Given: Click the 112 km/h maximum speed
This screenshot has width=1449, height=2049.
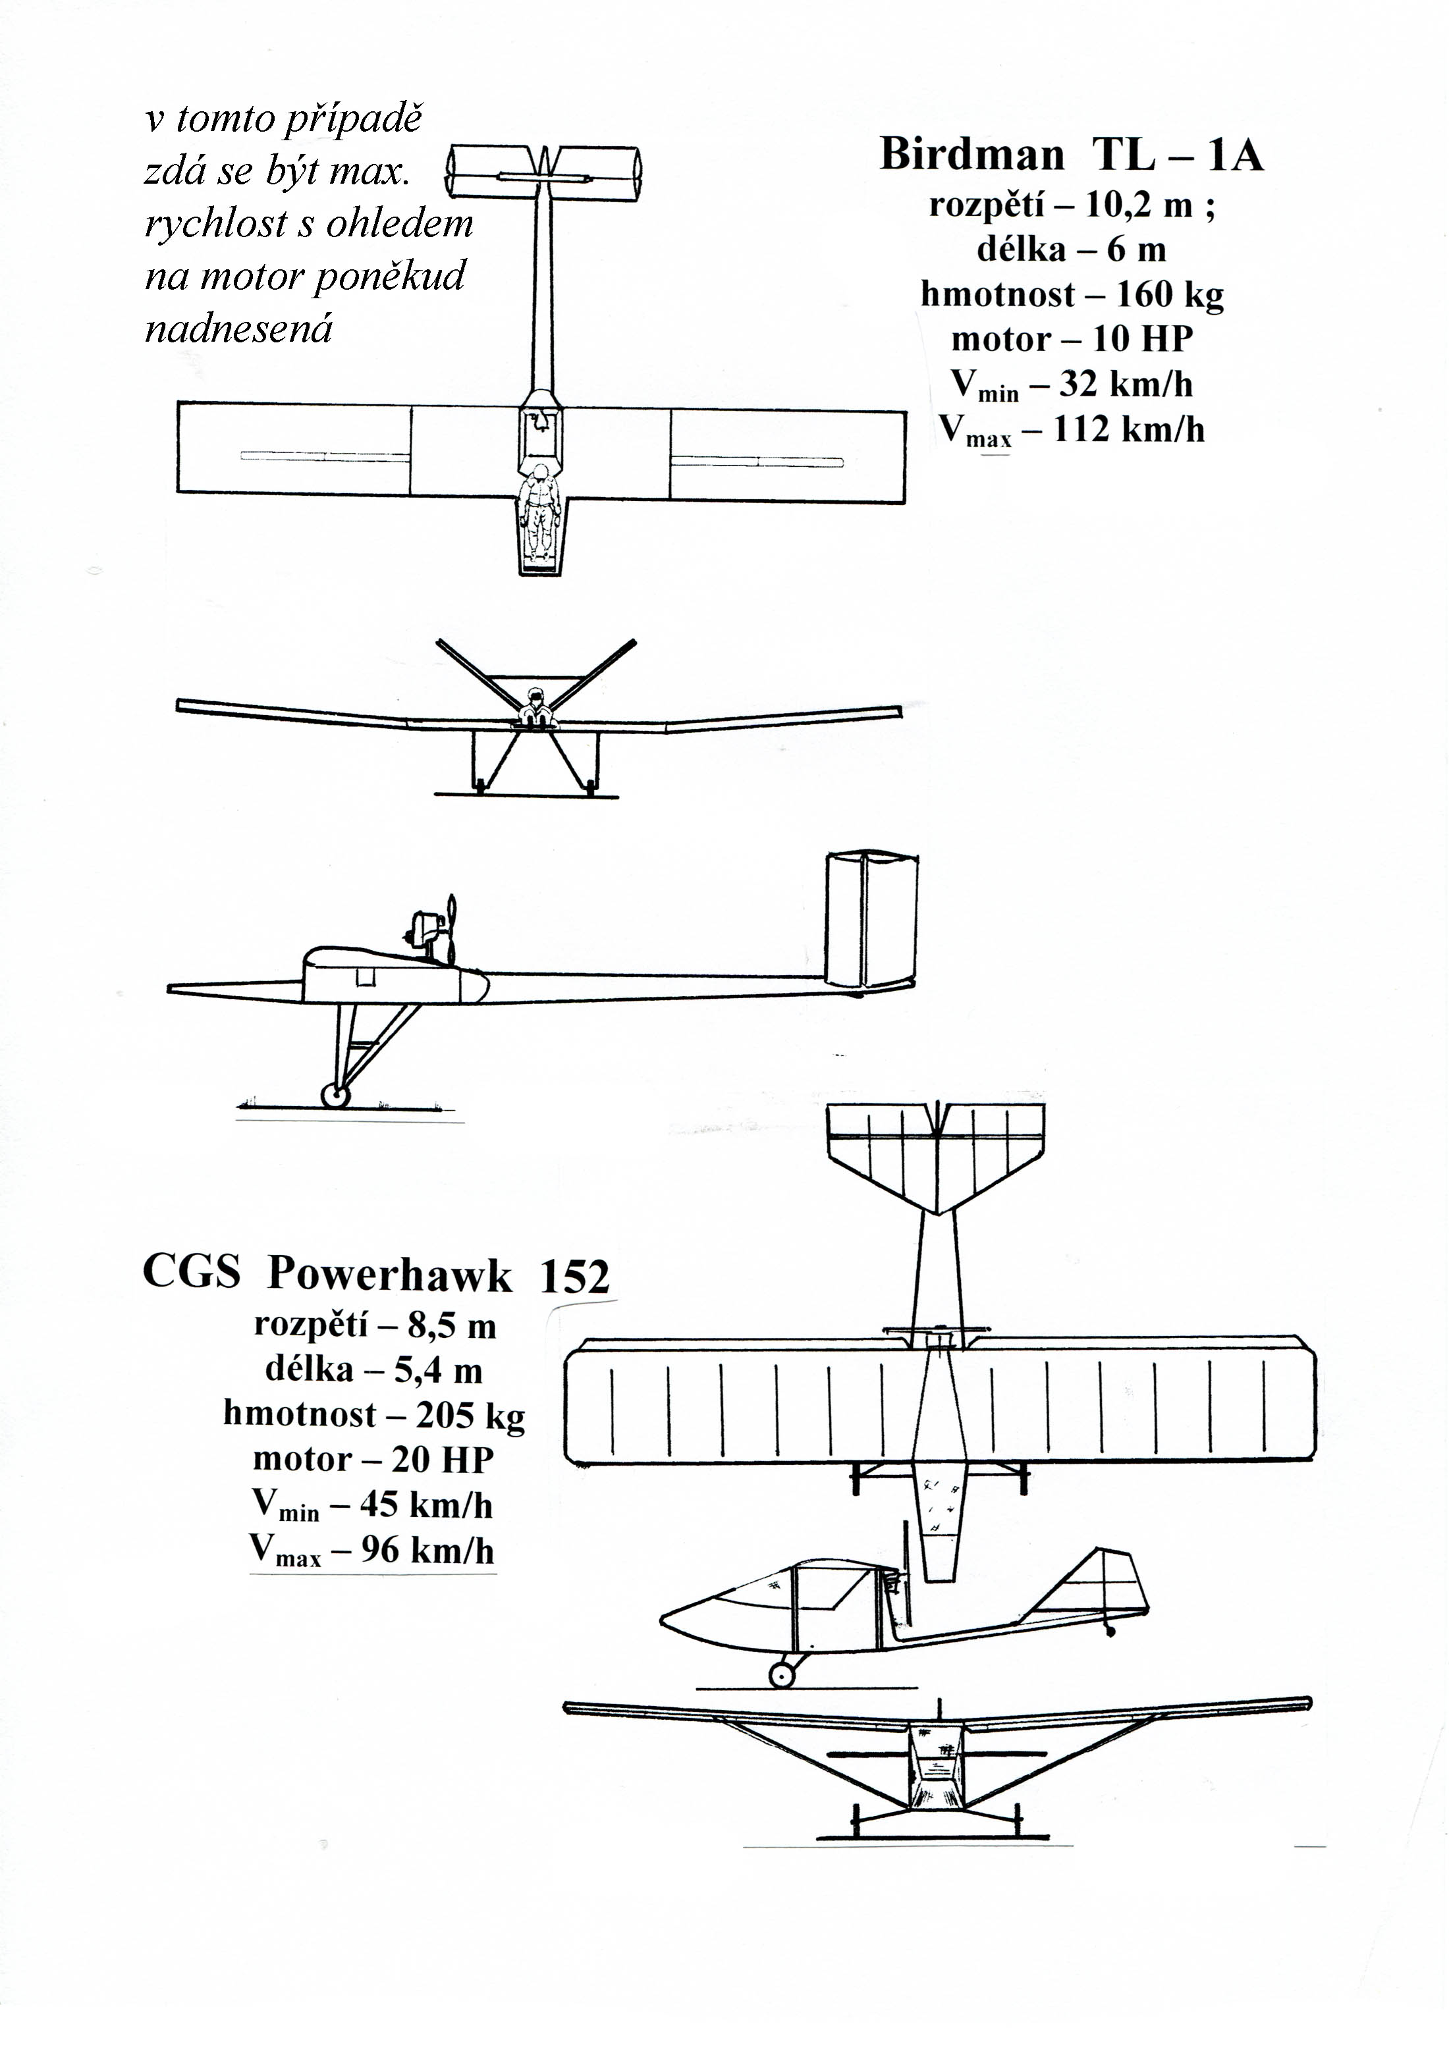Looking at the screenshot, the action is click(x=1130, y=429).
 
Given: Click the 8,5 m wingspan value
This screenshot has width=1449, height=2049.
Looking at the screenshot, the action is click(x=452, y=1326).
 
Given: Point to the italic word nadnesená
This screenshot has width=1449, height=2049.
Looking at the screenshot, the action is click(x=238, y=329).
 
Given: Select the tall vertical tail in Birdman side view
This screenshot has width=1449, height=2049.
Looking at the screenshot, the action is click(x=871, y=922).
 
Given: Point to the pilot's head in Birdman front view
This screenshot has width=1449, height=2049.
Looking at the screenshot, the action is click(x=535, y=693).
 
